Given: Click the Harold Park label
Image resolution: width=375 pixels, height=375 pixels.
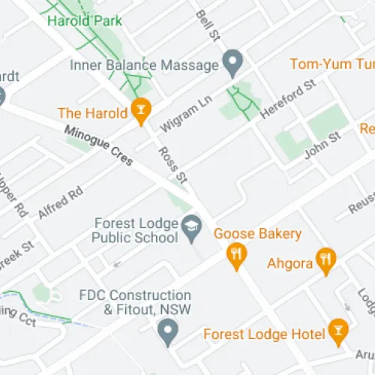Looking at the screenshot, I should (84, 20).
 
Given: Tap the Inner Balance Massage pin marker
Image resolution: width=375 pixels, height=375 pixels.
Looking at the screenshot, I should (233, 62).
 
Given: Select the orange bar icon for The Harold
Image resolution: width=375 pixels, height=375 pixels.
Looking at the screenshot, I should (139, 112).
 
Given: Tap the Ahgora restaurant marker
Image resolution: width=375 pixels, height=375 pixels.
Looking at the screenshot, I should (325, 261).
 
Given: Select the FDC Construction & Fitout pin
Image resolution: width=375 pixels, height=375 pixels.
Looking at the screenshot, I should (169, 328).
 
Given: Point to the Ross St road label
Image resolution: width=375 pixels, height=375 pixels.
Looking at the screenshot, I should (172, 164).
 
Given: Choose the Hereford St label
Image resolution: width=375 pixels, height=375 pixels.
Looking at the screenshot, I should (287, 100).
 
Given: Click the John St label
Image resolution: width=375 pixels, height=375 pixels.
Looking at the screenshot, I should (322, 145).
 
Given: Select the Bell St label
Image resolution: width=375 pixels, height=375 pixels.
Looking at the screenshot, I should (205, 25).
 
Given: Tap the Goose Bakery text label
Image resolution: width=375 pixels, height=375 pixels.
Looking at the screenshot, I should (258, 233).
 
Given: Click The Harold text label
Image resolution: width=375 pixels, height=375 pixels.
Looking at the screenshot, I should (89, 113).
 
